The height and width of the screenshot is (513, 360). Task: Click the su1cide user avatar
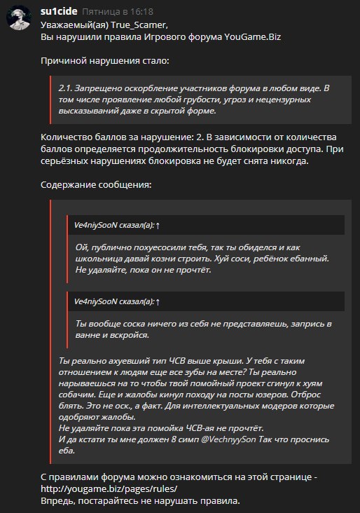click(x=20, y=20)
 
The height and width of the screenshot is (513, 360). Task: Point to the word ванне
click(x=88, y=335)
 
